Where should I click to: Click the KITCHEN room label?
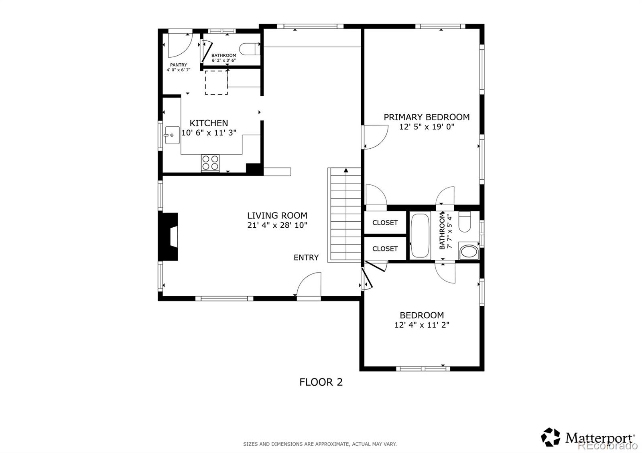point(209,123)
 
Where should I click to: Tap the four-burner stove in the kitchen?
point(210,162)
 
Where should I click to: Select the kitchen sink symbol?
point(172,135)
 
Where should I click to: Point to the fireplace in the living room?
point(169,237)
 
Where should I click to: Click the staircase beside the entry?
point(345,215)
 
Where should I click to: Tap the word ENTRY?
point(306,257)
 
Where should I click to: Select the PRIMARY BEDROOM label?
point(427,117)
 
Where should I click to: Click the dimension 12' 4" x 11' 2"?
point(422,325)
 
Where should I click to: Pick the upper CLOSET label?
point(385,222)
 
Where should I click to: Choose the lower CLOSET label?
point(385,249)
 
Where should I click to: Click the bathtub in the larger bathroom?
point(420,236)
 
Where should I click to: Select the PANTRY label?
point(178,65)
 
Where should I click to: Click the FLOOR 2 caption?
point(321,382)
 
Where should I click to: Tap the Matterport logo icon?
point(551,437)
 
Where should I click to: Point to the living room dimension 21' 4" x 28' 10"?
point(277,225)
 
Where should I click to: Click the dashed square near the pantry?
point(216,83)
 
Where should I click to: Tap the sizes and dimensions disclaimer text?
point(320,444)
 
